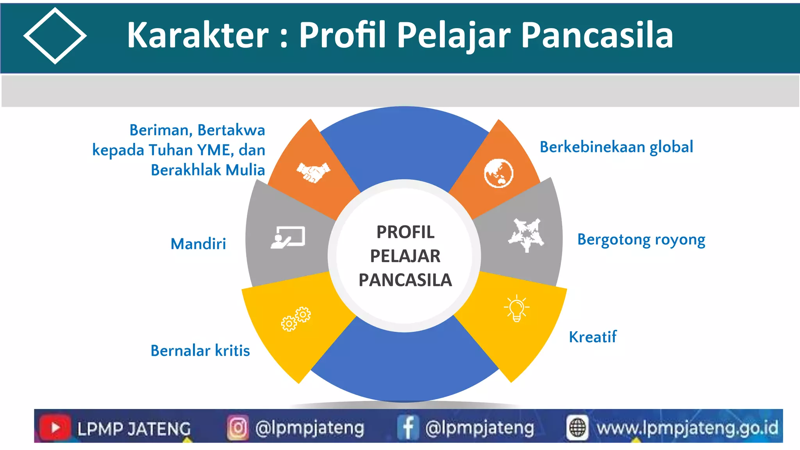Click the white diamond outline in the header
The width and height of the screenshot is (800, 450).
tap(55, 36)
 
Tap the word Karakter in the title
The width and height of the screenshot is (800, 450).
tap(198, 35)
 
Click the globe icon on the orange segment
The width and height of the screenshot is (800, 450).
tap(498, 173)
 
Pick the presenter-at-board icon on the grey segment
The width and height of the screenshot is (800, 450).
tap(288, 237)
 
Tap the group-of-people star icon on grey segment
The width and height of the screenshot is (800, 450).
tap(526, 235)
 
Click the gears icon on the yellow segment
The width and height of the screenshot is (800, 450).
tap(296, 319)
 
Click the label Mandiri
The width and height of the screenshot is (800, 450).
tap(198, 244)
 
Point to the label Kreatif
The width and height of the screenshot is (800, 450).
tap(593, 337)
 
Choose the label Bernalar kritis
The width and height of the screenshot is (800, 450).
tap(200, 351)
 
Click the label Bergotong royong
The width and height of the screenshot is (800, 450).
tap(641, 239)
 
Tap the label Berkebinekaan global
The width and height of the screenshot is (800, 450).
tap(616, 147)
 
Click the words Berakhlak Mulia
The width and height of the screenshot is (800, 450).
tap(208, 170)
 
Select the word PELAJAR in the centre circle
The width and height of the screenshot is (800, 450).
tap(405, 256)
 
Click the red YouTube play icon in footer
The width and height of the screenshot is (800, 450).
tap(55, 427)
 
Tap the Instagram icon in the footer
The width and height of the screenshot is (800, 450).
tap(237, 427)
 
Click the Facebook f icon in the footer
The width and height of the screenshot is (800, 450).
tap(408, 427)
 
